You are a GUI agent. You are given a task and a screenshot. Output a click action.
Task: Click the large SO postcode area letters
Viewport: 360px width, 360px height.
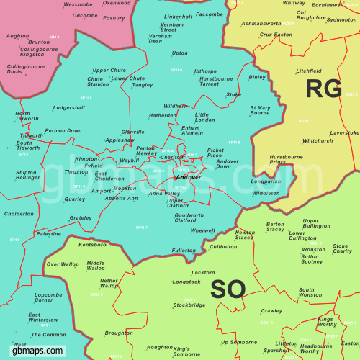coord(228,289)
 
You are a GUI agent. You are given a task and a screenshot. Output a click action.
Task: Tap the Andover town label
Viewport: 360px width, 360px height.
coord(188,176)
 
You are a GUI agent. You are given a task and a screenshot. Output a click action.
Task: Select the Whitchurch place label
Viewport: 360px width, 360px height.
coord(318,140)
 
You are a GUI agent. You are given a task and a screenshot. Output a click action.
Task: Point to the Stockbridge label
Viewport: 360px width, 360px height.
coord(189,305)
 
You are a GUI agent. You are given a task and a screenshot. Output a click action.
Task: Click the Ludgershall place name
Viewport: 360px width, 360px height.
coord(69,108)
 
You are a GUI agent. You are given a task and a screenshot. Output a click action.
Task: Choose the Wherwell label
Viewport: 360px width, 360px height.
coord(202,230)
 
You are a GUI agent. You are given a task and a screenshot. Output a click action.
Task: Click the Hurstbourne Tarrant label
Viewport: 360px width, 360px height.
coord(216,81)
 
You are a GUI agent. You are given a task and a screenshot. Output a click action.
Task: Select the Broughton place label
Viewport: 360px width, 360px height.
coord(119,333)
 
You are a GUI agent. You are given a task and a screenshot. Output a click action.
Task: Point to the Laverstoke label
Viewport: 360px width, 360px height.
coord(344,132)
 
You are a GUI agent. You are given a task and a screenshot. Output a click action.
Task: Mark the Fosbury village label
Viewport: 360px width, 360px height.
coord(114,18)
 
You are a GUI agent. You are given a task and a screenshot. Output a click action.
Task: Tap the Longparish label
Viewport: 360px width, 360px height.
coord(266,181)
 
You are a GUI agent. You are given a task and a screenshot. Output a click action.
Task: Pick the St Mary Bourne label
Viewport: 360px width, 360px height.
coord(260,110)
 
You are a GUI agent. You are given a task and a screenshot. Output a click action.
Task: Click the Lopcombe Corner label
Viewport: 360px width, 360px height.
coord(48,298)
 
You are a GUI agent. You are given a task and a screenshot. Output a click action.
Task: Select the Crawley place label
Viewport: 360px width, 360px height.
coord(271,311)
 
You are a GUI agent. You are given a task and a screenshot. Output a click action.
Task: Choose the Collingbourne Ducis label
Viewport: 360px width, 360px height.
coord(25,69)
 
